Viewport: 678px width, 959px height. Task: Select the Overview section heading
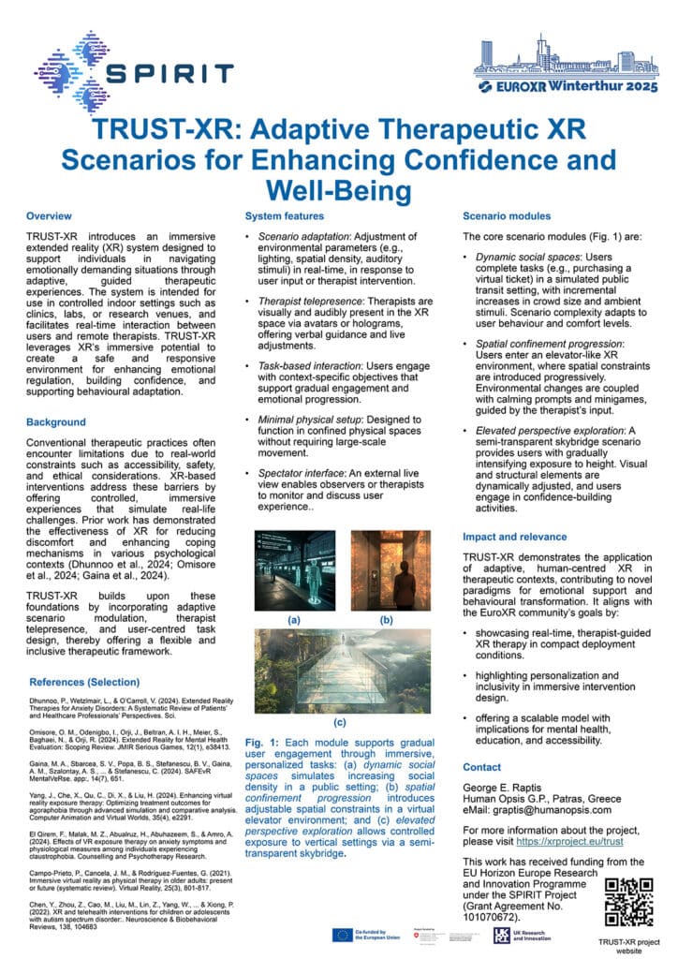coord(49,217)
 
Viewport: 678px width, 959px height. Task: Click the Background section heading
coord(56,422)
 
